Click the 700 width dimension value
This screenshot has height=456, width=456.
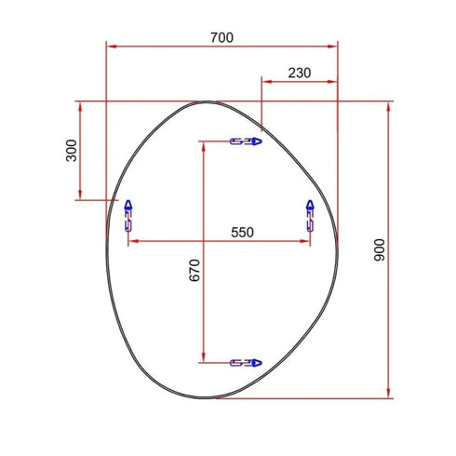point(221,37)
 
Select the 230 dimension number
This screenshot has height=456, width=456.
point(299,73)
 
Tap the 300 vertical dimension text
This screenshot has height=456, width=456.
point(72,151)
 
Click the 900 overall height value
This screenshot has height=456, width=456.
point(379,249)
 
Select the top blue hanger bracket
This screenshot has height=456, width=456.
point(246,141)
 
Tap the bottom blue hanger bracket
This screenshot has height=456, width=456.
point(246,360)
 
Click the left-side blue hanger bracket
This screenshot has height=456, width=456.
point(128,215)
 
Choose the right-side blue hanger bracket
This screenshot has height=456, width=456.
point(310,215)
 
